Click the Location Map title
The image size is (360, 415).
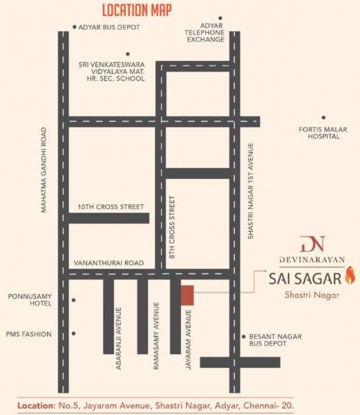pyautogui.click(x=138, y=10)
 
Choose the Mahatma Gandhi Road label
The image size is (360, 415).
pyautogui.click(x=44, y=169)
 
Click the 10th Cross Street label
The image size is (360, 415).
pyautogui.click(x=111, y=207)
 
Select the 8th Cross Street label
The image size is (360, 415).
pyautogui.click(x=173, y=229)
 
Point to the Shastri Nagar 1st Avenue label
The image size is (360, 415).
pyautogui.click(x=252, y=191)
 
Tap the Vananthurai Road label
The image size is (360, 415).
pyautogui.click(x=110, y=264)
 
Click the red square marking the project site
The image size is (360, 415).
pyautogui.click(x=187, y=294)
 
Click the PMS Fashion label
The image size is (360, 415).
pyautogui.click(x=30, y=334)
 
